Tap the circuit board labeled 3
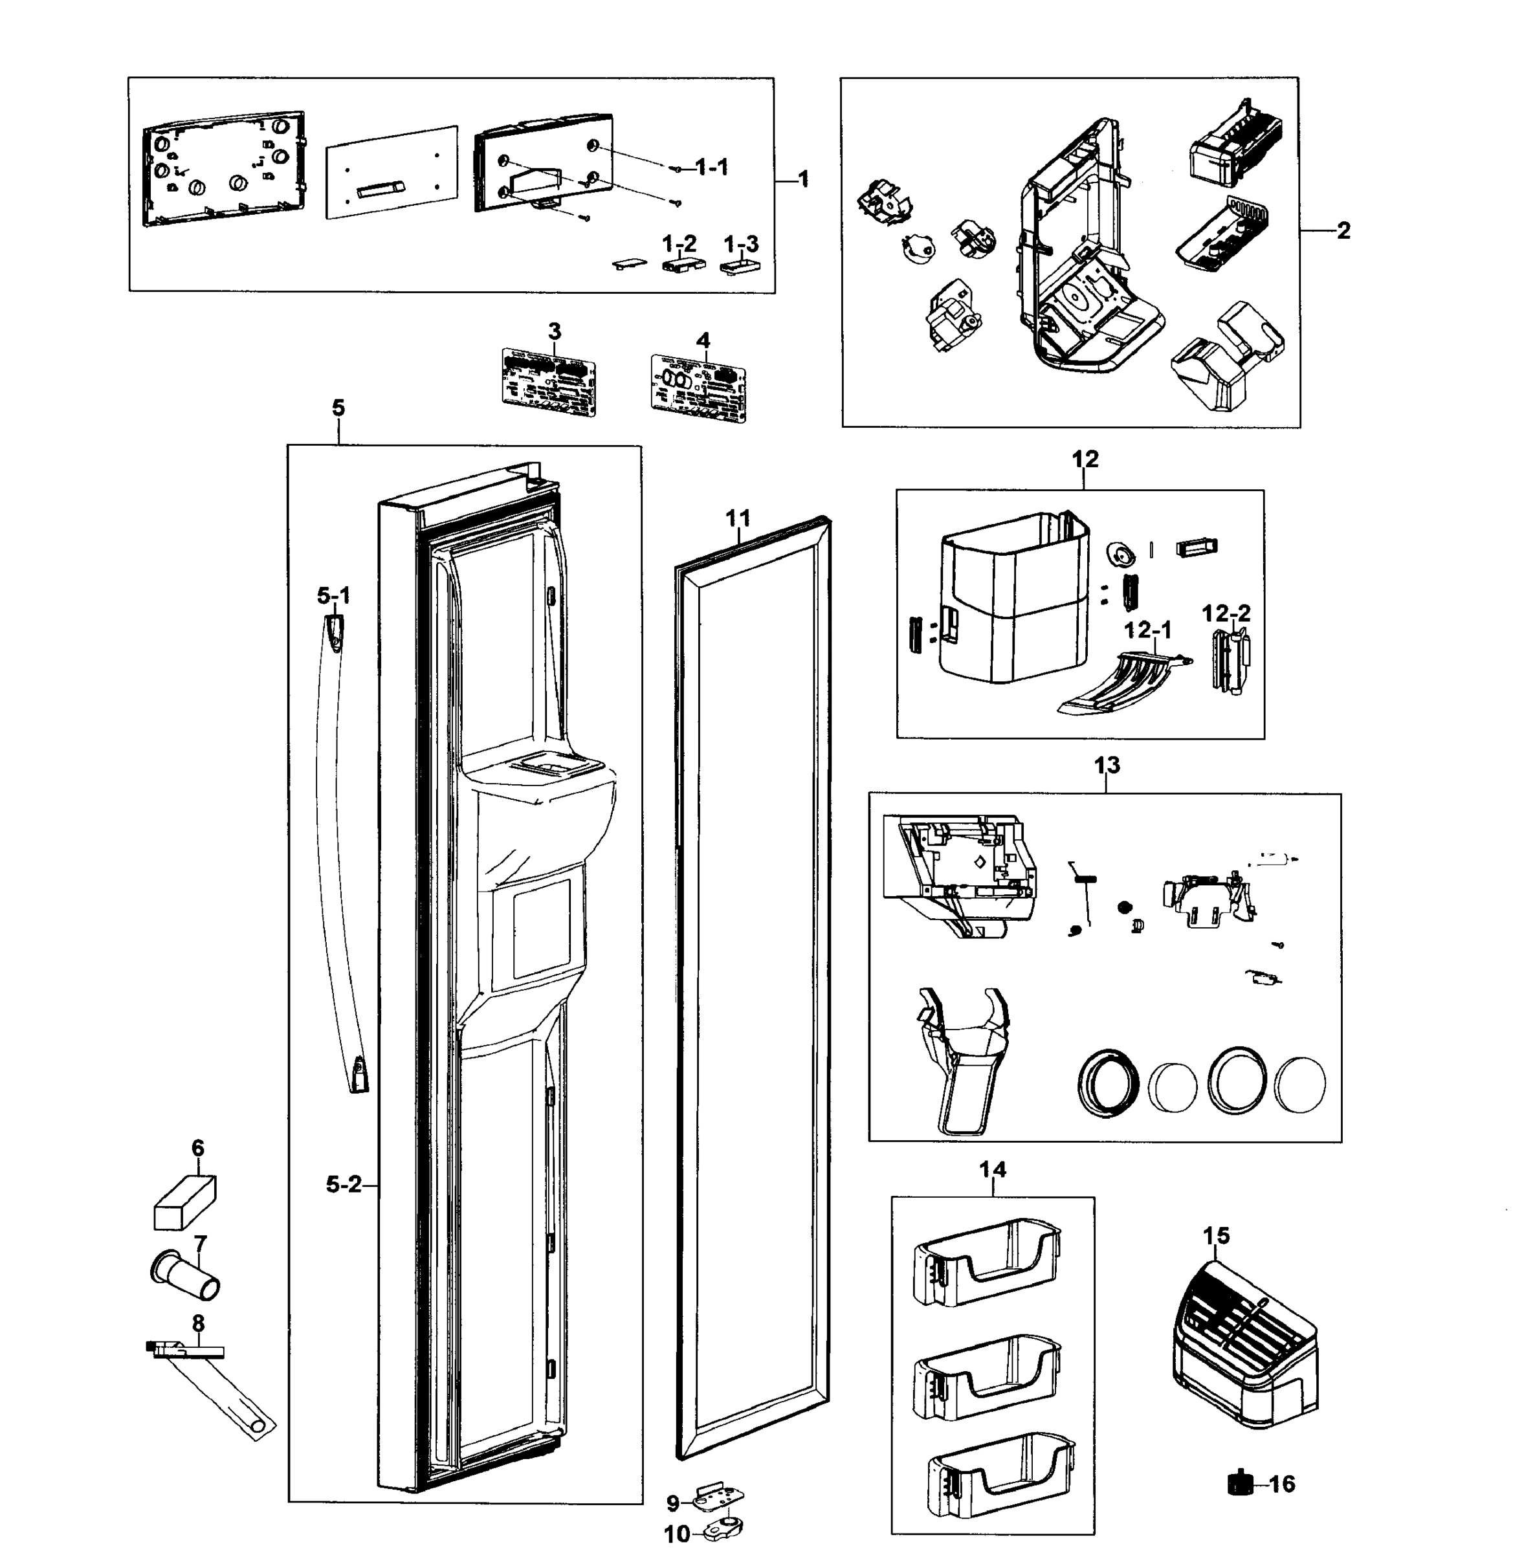pyautogui.click(x=549, y=382)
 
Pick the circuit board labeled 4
pyautogui.click(x=698, y=388)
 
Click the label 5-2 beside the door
pyautogui.click(x=344, y=1185)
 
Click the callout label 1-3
pyautogui.click(x=740, y=244)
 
